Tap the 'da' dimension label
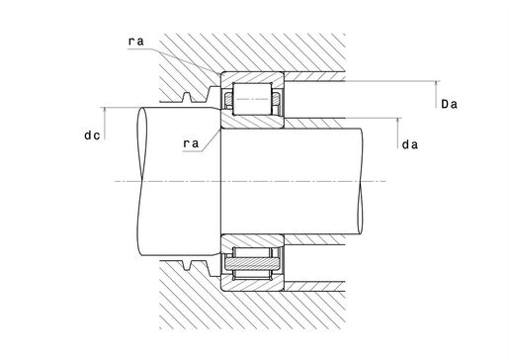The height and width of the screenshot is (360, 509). click(x=410, y=145)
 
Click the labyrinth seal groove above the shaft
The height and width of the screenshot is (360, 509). click(x=199, y=95)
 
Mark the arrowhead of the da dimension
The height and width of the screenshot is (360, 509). click(x=397, y=120)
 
